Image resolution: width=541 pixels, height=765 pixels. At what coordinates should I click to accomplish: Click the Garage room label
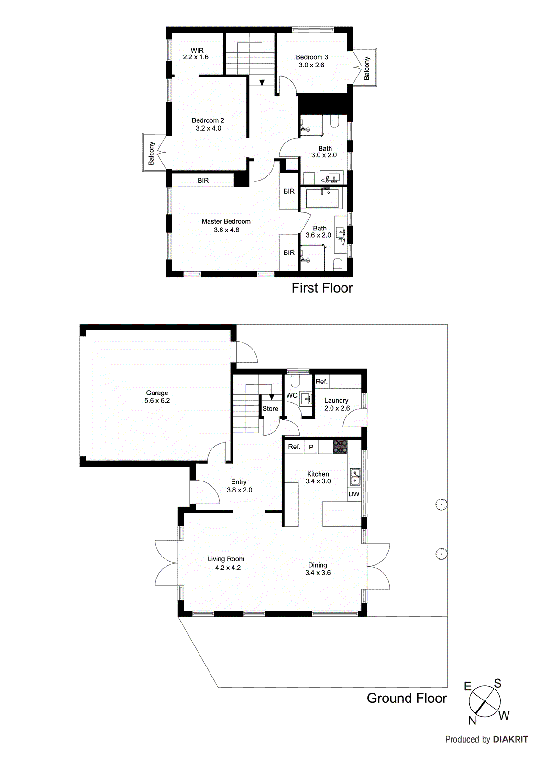pyautogui.click(x=157, y=393)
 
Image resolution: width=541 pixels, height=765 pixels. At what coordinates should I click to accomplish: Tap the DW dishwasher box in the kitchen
pyautogui.click(x=354, y=494)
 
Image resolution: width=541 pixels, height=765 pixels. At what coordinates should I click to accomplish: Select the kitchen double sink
pyautogui.click(x=355, y=476)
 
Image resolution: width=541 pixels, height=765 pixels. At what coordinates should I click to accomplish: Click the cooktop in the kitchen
pyautogui.click(x=340, y=447)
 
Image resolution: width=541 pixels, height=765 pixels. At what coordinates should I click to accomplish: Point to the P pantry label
pyautogui.click(x=311, y=447)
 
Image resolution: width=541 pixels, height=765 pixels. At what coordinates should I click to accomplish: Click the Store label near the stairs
pyautogui.click(x=270, y=409)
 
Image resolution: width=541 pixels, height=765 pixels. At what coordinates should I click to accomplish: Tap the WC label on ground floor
pyautogui.click(x=292, y=395)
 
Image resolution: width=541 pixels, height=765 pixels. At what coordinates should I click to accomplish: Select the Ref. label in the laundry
pyautogui.click(x=321, y=382)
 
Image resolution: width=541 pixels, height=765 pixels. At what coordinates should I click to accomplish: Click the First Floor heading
pyautogui.click(x=322, y=288)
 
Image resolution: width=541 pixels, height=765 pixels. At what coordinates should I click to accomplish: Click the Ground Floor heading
pyautogui.click(x=407, y=698)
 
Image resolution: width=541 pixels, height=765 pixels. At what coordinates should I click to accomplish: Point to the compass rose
pyautogui.click(x=485, y=701)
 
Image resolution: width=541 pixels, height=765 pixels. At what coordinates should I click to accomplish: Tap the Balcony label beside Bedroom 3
pyautogui.click(x=367, y=68)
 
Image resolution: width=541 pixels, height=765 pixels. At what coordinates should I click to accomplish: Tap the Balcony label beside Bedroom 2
pyautogui.click(x=151, y=153)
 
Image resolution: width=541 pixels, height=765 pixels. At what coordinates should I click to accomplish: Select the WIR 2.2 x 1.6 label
pyautogui.click(x=196, y=54)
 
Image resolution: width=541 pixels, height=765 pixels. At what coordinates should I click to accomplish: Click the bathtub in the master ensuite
pyautogui.click(x=322, y=198)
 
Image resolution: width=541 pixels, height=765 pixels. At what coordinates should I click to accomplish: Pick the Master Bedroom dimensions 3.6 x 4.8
pyautogui.click(x=226, y=230)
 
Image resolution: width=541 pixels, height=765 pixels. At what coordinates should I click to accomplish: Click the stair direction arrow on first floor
pyautogui.click(x=262, y=82)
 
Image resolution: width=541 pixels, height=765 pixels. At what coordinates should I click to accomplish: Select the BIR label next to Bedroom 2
pyautogui.click(x=203, y=180)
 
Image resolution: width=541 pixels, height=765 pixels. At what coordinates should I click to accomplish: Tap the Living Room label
pyautogui.click(x=226, y=559)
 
